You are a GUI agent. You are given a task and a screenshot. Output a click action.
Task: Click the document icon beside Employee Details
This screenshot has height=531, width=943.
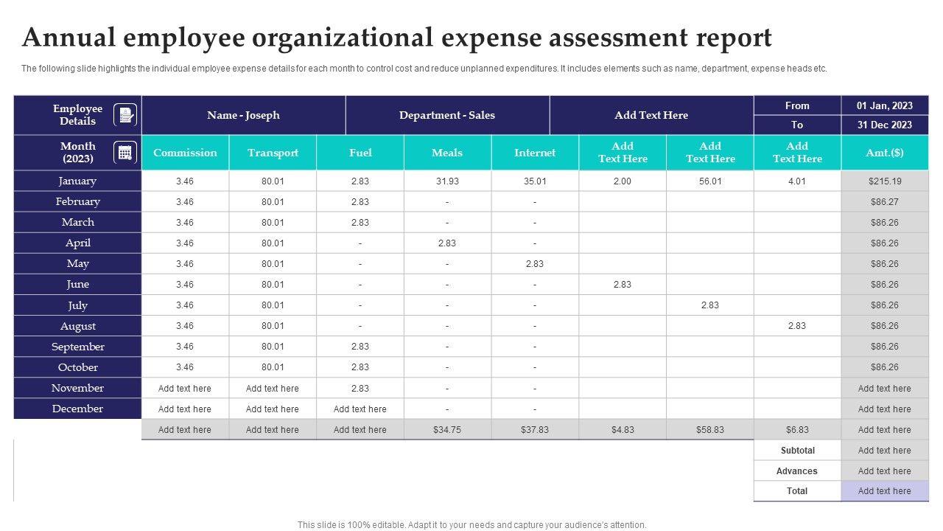[x=125, y=115]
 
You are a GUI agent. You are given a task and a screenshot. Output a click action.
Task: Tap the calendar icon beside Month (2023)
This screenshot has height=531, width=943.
[x=125, y=153]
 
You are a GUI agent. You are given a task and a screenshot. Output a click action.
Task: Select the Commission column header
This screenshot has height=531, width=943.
[x=185, y=153]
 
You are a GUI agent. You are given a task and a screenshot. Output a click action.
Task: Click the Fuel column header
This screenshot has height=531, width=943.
[x=360, y=153]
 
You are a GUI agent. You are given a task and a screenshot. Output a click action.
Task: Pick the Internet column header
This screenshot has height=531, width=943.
[x=535, y=153]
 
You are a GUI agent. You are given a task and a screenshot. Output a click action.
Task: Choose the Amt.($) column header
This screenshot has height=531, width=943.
[x=885, y=153]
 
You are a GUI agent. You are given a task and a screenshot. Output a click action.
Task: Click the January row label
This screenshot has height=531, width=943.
[x=77, y=181]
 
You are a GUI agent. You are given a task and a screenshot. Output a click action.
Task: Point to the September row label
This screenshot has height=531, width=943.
[x=77, y=347]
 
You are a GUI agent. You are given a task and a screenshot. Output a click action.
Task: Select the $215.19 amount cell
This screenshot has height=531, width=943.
[x=885, y=181]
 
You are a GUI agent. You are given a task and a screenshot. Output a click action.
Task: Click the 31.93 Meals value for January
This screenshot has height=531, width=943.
[x=447, y=181]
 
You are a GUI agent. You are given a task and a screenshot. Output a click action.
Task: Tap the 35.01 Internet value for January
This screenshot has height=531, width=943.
[x=535, y=181]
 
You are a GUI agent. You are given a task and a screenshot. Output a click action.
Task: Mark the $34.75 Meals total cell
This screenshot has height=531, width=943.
[x=447, y=430]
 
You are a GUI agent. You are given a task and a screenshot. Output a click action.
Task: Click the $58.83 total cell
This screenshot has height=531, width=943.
[x=710, y=430]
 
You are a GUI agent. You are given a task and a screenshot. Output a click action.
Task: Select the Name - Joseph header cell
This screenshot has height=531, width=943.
[x=243, y=115]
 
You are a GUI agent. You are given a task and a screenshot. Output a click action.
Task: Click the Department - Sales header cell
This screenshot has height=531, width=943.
[x=447, y=115]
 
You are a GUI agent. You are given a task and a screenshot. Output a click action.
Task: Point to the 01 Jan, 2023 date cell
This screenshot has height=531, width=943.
[x=885, y=105]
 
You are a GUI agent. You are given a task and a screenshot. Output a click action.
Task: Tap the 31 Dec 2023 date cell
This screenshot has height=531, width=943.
[x=885, y=125]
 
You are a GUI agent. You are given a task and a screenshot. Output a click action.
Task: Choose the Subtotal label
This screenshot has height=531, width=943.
[x=797, y=451]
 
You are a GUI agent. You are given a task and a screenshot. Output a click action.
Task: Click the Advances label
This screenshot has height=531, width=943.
[x=797, y=471]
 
